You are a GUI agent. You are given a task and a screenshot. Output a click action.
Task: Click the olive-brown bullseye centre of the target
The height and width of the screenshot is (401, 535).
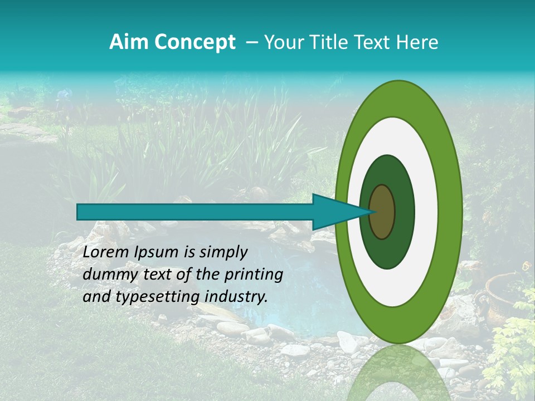coord(382,212)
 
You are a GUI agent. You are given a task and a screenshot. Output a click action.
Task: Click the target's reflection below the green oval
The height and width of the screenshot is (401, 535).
coord(398,373)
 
